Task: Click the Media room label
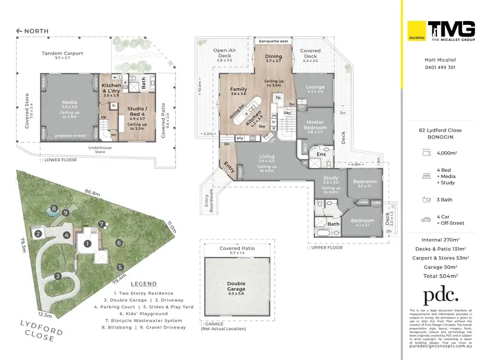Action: coord(69,102)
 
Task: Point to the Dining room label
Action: coord(273,56)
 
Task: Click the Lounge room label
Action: coord(315,87)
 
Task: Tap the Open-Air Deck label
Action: coord(225,52)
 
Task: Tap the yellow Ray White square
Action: coord(417,31)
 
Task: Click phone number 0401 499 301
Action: coord(440,67)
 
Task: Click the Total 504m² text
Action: coord(440,275)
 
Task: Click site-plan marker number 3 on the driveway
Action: coord(58,276)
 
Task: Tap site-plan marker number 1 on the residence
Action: coord(88,243)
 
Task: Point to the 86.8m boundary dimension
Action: coord(92,192)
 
